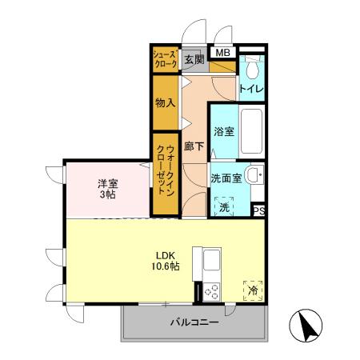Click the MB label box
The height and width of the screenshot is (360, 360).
coord(224,54)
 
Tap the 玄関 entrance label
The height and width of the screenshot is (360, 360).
coord(194,59)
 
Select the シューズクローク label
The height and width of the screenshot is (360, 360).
coord(166,59)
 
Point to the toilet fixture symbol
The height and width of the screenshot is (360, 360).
coord(253,66)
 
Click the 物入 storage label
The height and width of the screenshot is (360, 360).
coord(166,103)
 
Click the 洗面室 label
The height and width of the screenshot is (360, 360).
coord(226,178)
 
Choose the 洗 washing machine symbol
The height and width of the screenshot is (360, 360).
coord(224,206)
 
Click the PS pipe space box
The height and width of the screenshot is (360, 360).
coord(258,210)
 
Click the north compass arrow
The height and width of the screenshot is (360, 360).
coord(308,326)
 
